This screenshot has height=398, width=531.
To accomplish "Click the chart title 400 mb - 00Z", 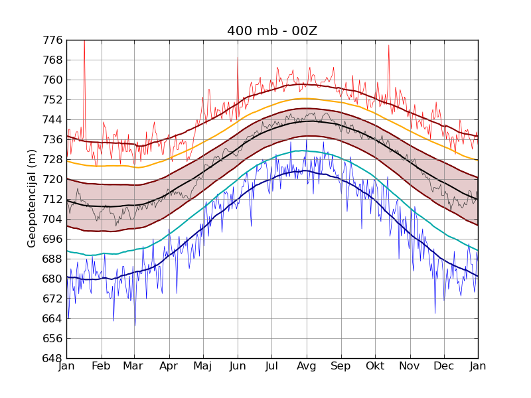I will pyautogui.click(x=271, y=31).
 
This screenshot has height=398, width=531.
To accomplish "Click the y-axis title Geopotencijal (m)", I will pyautogui.click(x=32, y=198).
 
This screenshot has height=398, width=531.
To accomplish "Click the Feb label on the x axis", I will pyautogui.click(x=101, y=366).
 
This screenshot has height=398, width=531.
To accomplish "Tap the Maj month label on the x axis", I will pyautogui.click(x=202, y=366).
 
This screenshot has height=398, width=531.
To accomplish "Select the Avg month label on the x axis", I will pyautogui.click(x=307, y=366).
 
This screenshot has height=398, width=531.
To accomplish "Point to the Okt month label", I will pyautogui.click(x=375, y=366).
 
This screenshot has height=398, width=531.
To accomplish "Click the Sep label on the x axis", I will pyautogui.click(x=341, y=366).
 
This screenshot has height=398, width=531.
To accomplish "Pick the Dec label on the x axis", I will pyautogui.click(x=443, y=366).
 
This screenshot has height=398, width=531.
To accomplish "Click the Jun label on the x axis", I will pyautogui.click(x=237, y=366).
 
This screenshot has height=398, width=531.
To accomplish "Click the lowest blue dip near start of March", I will pyautogui.click(x=135, y=325).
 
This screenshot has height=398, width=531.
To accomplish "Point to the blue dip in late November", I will pyautogui.click(x=435, y=312).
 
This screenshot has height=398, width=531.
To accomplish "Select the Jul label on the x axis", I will pyautogui.click(x=271, y=366).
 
